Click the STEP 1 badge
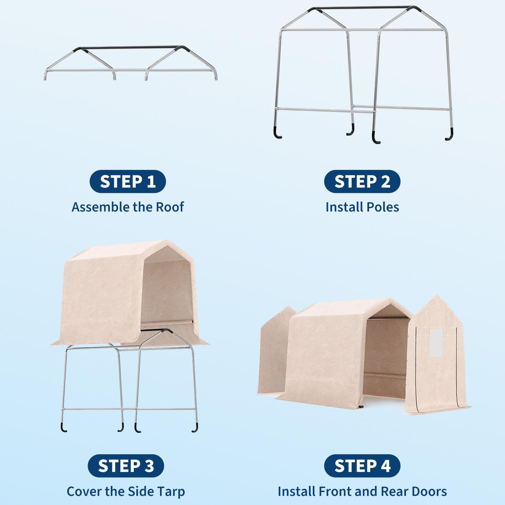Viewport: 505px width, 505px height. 128,181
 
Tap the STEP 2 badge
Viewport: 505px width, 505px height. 362,181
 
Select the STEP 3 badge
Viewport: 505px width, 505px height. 126,466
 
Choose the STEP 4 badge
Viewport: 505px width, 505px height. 362,466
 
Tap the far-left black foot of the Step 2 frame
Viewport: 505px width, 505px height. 277,133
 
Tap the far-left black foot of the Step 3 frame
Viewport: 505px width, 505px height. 63,427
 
